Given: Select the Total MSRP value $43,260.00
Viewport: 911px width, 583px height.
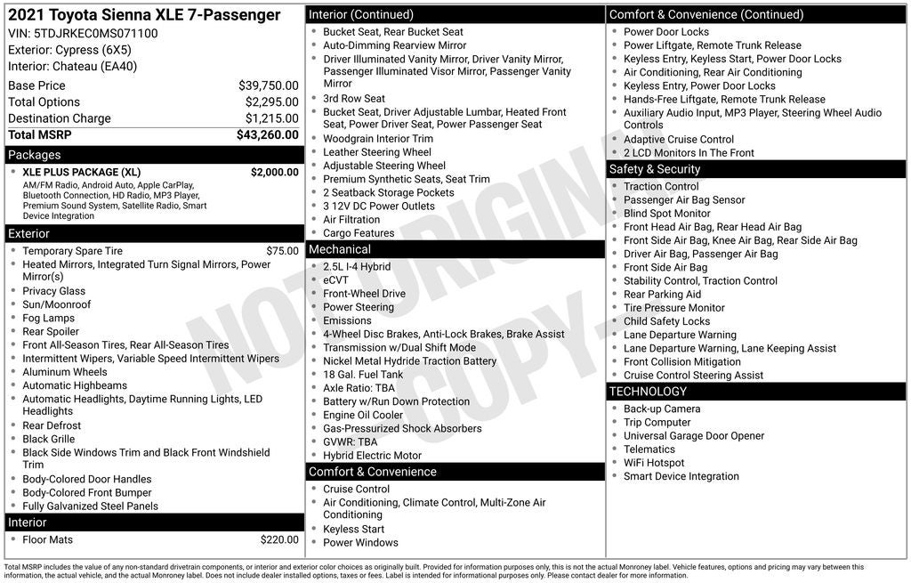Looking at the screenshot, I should point(267,134).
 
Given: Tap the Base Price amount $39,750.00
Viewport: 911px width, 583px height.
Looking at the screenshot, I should point(268,85).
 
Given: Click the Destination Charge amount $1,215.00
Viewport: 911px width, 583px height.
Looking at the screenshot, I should point(271,118).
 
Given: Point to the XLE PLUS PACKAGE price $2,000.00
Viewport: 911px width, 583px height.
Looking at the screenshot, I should point(274,172).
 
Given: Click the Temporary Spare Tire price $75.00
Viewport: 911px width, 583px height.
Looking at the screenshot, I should point(282,251).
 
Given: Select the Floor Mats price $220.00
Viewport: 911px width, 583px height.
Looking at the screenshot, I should point(279,539).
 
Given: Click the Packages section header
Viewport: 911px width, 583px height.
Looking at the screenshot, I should point(35,155).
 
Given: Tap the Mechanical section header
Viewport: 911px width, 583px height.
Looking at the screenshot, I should point(340,249).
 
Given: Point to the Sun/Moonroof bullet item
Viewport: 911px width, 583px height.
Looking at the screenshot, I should point(56,304).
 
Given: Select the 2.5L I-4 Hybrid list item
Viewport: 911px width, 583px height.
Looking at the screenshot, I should point(357,267).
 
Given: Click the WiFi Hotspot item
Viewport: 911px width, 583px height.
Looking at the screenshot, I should point(654,463).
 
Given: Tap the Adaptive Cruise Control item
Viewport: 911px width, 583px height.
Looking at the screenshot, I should point(678,139).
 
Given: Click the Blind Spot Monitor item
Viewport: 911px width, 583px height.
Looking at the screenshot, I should point(666,214).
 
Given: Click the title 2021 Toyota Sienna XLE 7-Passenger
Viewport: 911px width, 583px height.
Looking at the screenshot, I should point(144,15).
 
